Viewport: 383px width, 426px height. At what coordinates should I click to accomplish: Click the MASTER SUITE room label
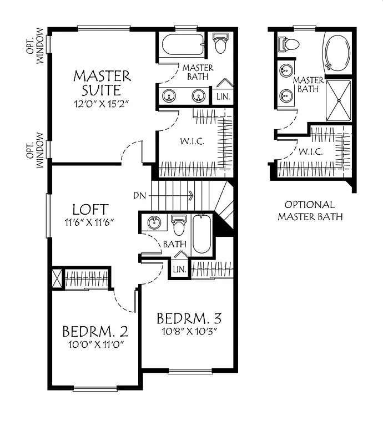click(x=102, y=82)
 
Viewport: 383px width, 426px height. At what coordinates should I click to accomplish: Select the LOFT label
click(x=90, y=210)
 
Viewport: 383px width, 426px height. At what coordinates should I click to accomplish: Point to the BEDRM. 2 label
click(x=95, y=332)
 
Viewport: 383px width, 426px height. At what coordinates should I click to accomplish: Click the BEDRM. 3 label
click(x=189, y=318)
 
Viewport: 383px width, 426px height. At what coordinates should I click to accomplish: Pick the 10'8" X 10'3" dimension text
click(x=189, y=332)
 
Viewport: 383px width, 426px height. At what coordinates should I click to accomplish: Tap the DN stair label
click(x=139, y=195)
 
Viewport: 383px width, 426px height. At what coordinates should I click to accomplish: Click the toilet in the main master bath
click(x=220, y=44)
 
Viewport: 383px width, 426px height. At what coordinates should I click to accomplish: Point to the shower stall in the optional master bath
click(x=338, y=100)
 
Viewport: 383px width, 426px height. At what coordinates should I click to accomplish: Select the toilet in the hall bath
click(x=179, y=225)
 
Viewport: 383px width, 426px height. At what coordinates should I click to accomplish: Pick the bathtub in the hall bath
click(x=201, y=235)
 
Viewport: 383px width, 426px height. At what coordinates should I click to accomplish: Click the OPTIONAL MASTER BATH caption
click(x=310, y=210)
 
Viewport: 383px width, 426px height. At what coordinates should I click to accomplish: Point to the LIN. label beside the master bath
click(x=224, y=96)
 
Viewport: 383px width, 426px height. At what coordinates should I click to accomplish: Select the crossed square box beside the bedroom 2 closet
click(x=57, y=277)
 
